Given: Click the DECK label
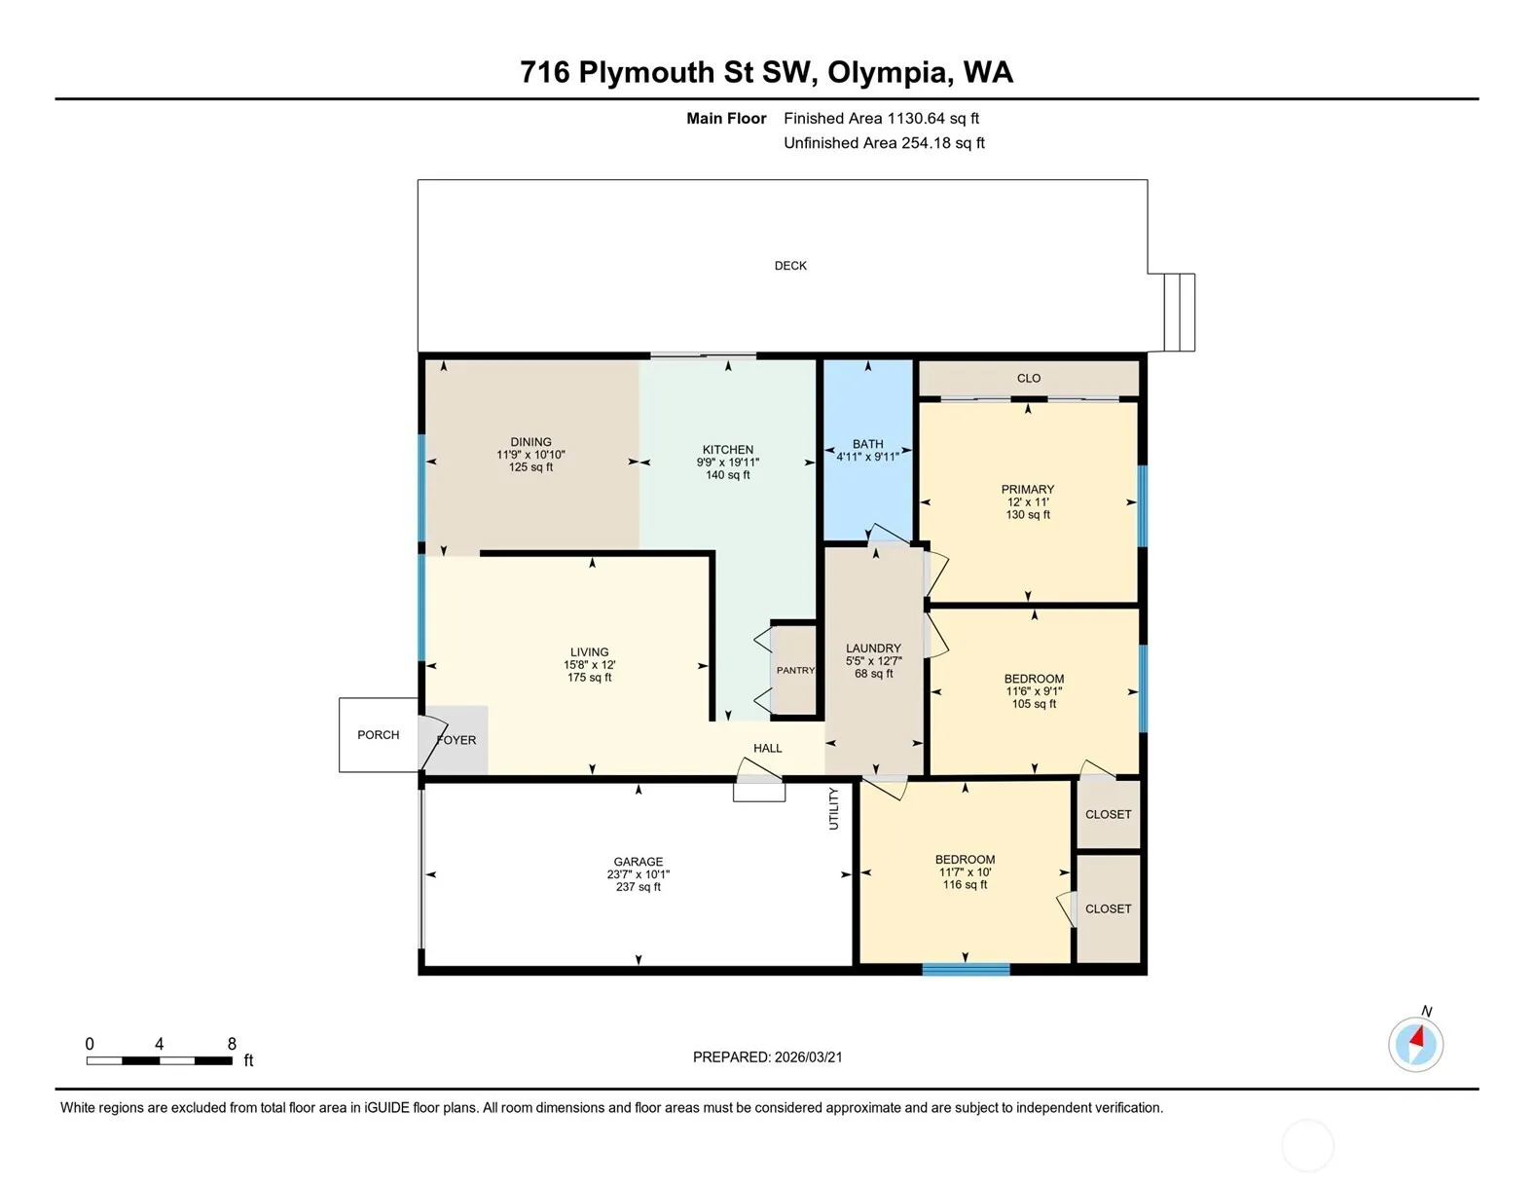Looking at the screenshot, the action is tap(790, 266).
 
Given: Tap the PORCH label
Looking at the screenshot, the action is tap(379, 734).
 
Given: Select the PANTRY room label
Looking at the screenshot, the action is tap(795, 670).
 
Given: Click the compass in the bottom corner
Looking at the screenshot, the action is tap(1415, 1044).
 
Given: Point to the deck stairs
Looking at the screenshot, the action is tap(1179, 313).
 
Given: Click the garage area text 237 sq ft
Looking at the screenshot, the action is tap(639, 886).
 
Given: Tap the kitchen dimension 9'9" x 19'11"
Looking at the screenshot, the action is tap(728, 462).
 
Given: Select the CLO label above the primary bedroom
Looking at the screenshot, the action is tap(1029, 378).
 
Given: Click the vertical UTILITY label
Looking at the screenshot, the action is tap(834, 808).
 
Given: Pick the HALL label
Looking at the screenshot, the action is tap(767, 748).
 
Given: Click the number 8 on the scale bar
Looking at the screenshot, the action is tap(232, 1044).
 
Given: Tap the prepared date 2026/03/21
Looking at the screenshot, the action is tap(808, 1056).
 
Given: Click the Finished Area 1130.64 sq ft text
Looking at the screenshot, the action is tap(881, 118).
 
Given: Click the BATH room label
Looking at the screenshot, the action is tap(867, 443).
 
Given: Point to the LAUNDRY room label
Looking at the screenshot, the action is tap(873, 648).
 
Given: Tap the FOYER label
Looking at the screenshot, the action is tap(457, 739).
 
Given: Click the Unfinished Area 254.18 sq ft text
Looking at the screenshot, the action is tap(884, 143).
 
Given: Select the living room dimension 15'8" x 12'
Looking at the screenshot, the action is tap(590, 664).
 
